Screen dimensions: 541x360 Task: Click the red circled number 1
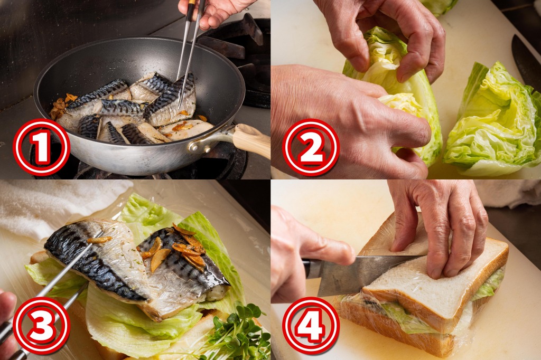click(x=41, y=147)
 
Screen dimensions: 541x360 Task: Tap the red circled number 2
click(x=311, y=147)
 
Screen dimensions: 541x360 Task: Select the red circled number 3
click(x=41, y=326)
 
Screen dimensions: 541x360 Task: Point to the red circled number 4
click(x=311, y=326)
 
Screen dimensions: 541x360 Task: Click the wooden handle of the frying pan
click(x=251, y=140)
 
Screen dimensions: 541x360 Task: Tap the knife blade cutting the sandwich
click(x=366, y=272)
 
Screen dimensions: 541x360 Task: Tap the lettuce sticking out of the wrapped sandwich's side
click(x=487, y=285)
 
